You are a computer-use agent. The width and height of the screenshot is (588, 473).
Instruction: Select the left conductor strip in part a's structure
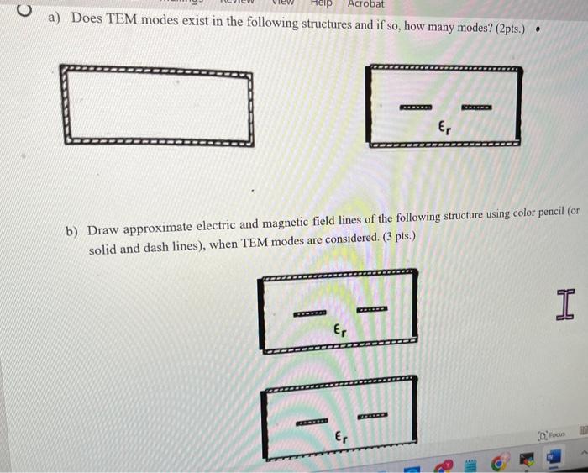(x=415, y=108)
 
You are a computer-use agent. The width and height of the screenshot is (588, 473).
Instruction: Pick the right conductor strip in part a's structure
(x=476, y=108)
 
